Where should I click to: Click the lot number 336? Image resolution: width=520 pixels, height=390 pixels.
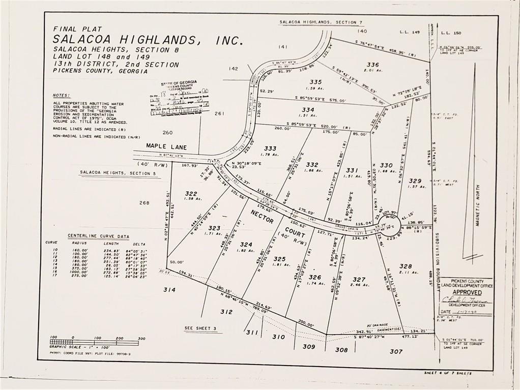click(x=372, y=65)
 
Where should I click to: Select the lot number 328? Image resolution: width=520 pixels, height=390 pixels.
click(x=406, y=266)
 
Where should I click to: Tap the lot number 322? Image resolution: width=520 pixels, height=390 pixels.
click(x=191, y=193)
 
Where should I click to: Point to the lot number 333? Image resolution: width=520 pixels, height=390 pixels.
click(x=270, y=148)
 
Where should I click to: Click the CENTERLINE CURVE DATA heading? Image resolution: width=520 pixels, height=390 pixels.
click(x=98, y=236)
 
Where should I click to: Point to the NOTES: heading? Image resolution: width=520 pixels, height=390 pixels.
click(x=62, y=95)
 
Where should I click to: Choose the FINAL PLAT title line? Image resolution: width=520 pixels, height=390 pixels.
click(x=77, y=29)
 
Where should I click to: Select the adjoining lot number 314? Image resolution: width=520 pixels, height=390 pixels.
click(x=169, y=289)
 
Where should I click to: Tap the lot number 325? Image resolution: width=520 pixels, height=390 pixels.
click(x=279, y=258)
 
